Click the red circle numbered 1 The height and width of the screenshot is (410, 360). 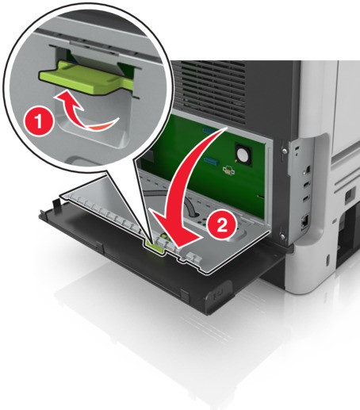pyautogui.click(x=39, y=122)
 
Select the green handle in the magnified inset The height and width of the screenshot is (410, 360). pyautogui.click(x=86, y=78)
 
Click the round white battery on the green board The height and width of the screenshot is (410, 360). pyautogui.click(x=242, y=153)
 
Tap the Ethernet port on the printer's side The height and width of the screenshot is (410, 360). pyautogui.click(x=304, y=221)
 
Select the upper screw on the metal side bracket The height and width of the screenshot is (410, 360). pyautogui.click(x=285, y=150)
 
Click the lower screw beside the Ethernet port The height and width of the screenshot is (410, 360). pyautogui.click(x=283, y=236)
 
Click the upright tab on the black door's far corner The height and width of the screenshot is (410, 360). pyautogui.click(x=56, y=204)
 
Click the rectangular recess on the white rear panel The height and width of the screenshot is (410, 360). pyautogui.click(x=349, y=196)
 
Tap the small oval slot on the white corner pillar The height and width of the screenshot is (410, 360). pyautogui.click(x=328, y=260)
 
